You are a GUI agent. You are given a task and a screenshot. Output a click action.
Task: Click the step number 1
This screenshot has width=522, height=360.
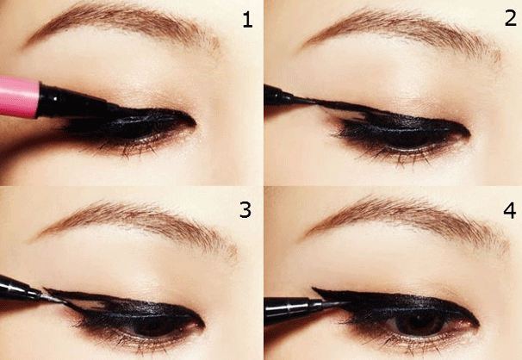point(247,20)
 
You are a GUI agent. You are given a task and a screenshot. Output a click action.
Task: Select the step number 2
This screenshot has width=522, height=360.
point(508,19)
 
